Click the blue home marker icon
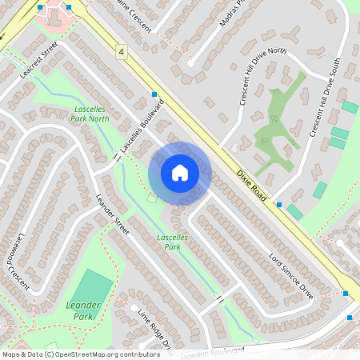coord(180,173)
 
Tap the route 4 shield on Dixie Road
coord(121,51)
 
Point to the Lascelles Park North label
coord(90,113)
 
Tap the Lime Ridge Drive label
coord(154,328)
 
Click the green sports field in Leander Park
coord(94,286)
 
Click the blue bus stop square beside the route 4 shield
coord(153,94)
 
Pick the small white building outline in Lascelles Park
coord(152,199)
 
